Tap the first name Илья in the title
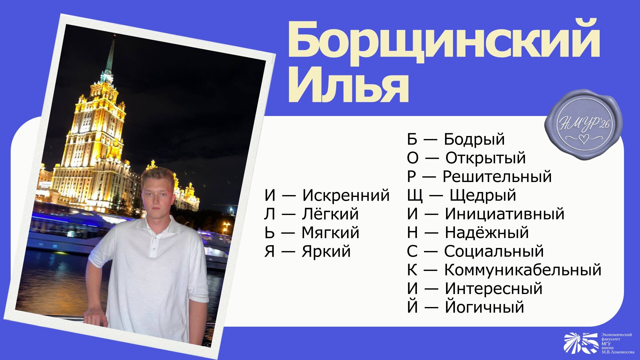pyautogui.click(x=348, y=85)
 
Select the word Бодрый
pyautogui.click(x=474, y=140)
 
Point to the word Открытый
pyautogui.click(x=486, y=158)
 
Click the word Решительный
pyautogui.click(x=497, y=177)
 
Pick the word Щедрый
pyautogui.click(x=483, y=196)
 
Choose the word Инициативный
pyautogui.click(x=505, y=214)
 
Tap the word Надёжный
pyautogui.click(x=487, y=232)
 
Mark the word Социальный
pyautogui.click(x=494, y=251)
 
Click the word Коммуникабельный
pyautogui.click(x=523, y=270)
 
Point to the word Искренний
pyautogui.click(x=346, y=195)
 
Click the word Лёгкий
pyautogui.click(x=330, y=214)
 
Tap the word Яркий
pyautogui.click(x=326, y=251)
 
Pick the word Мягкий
pyautogui.click(x=330, y=233)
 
